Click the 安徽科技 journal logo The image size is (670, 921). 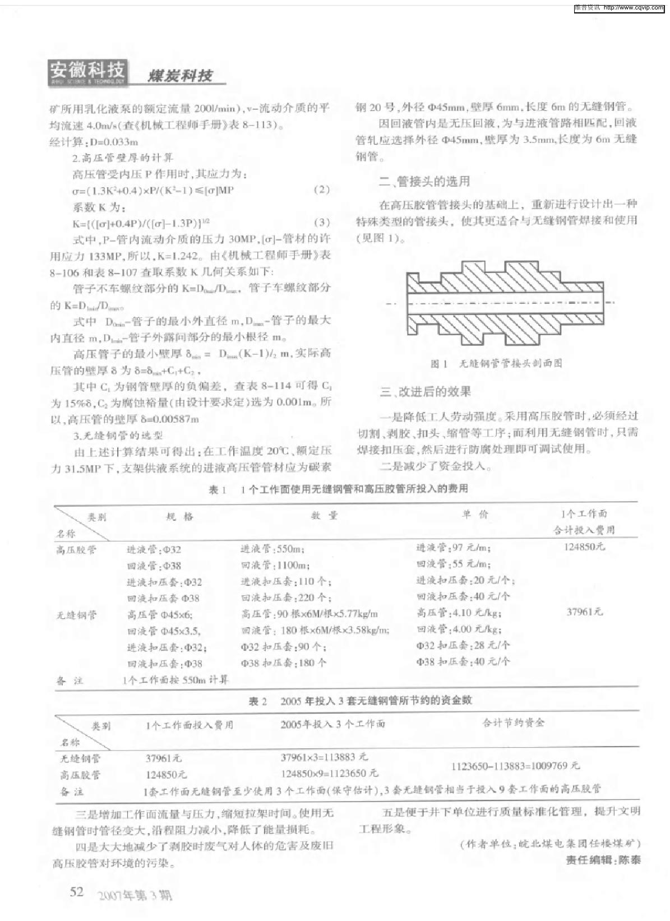point(89,72)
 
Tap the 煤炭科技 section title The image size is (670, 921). point(180,76)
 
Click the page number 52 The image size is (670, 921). point(77,891)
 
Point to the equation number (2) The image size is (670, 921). point(322,189)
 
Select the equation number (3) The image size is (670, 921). point(322,222)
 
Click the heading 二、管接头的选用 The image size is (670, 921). point(424,181)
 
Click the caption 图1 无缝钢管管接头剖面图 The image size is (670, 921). point(496,363)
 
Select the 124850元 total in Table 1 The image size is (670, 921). point(584,547)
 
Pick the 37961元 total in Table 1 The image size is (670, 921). point(584,612)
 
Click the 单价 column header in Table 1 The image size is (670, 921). point(475,515)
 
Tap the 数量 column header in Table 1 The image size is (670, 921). point(325,515)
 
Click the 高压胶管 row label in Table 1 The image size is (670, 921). point(76,550)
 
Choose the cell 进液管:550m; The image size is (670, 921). point(272,549)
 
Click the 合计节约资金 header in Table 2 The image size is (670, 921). point(514,723)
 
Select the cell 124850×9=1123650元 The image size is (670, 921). point(329,774)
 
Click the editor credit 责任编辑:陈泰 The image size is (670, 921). point(603,860)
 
